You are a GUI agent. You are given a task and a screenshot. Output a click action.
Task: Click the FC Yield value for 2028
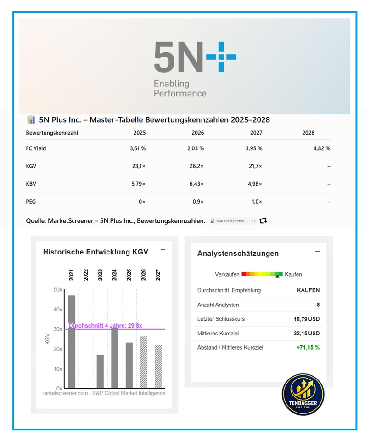322,148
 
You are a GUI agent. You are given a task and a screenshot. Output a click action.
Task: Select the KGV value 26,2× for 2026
196,166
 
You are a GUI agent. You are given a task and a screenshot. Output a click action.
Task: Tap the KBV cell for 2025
138,184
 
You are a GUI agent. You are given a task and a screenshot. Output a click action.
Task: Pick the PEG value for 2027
257,202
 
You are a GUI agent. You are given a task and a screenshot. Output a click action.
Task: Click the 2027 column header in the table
256,133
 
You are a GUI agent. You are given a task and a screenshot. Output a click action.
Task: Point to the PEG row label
31,202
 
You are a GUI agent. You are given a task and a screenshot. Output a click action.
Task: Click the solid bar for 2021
72,342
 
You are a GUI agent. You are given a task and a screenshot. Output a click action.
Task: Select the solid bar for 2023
100,372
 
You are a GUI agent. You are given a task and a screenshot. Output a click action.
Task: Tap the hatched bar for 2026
144,362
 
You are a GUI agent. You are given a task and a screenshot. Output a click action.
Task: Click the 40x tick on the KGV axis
58,309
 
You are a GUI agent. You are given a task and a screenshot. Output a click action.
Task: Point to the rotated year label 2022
86,275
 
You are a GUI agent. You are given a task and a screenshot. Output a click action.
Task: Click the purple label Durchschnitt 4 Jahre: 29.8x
105,326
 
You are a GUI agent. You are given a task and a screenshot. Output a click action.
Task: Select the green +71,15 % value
308,348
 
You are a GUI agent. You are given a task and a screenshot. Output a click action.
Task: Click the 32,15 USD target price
307,334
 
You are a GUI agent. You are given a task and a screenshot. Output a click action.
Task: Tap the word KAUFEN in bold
308,290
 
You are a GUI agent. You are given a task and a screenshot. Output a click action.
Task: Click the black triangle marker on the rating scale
277,277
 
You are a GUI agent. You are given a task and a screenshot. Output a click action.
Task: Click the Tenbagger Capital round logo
303,394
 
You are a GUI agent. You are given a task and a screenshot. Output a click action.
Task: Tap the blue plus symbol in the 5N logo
221,57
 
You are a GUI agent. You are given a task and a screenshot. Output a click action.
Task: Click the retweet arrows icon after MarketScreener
263,221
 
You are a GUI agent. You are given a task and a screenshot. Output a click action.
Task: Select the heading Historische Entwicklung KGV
95,252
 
